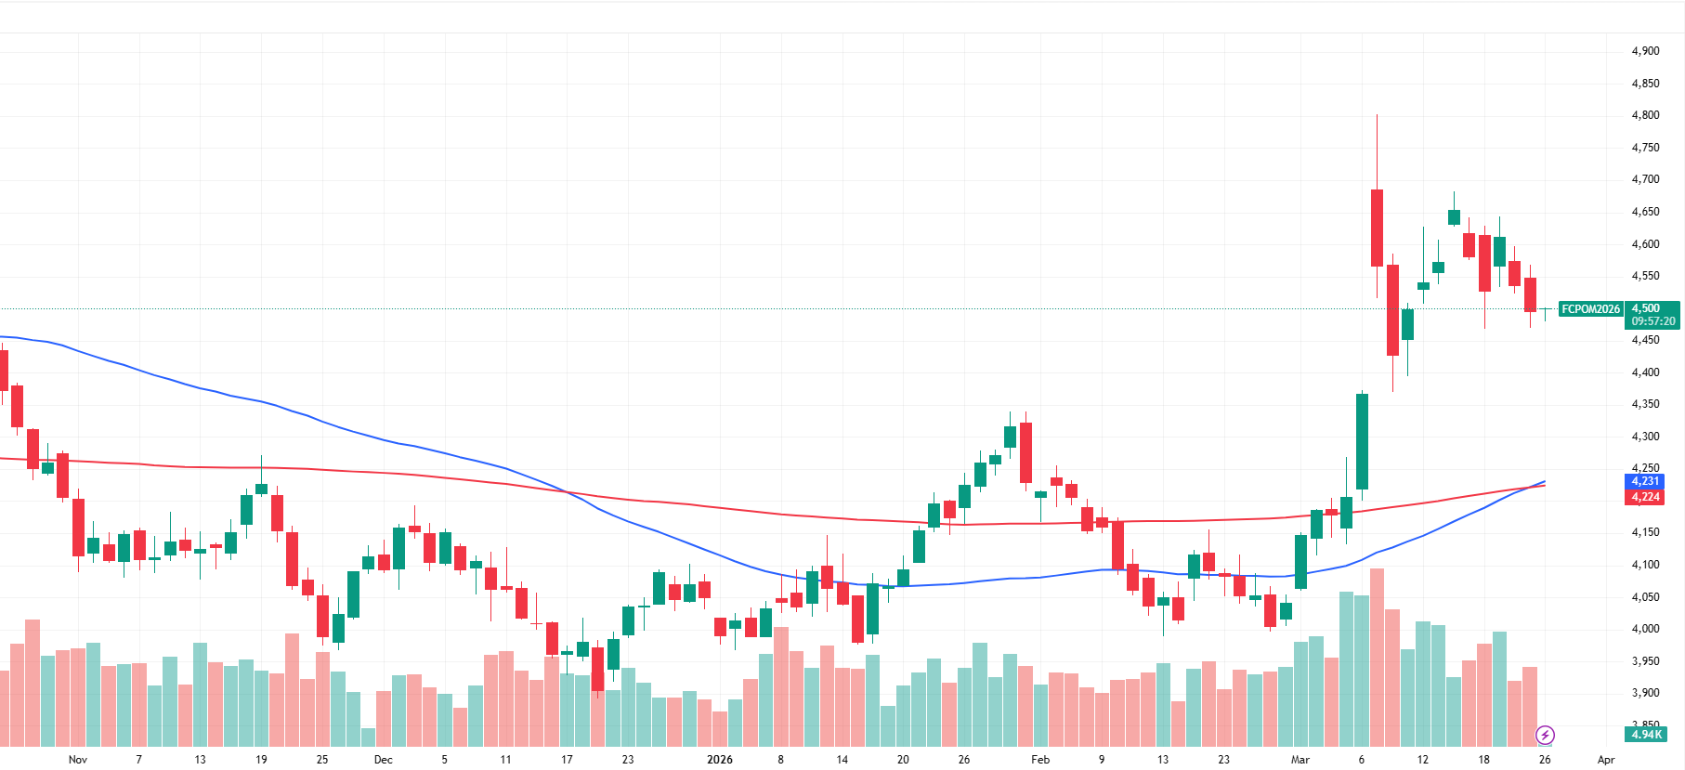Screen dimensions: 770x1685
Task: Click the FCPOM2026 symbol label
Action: [1590, 309]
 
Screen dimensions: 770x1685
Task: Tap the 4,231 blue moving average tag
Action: [1645, 481]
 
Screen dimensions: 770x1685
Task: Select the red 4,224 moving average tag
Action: [1645, 497]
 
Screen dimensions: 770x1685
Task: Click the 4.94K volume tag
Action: [1645, 735]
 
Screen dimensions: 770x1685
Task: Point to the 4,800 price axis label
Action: [1645, 115]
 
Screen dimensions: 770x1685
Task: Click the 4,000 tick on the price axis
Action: [1645, 629]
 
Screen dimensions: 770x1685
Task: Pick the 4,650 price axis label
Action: [1645, 212]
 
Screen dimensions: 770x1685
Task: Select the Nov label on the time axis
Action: [78, 760]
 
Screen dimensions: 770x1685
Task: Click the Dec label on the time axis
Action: [383, 760]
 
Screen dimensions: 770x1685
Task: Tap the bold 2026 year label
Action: [719, 760]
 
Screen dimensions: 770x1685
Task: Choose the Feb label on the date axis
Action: [1040, 760]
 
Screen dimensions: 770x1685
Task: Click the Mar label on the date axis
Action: [1300, 760]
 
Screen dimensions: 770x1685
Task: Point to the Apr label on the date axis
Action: [1606, 760]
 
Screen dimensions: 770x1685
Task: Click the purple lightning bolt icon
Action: [1545, 736]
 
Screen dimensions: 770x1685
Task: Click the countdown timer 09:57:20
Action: [1653, 321]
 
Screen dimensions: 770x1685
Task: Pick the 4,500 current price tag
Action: [1645, 308]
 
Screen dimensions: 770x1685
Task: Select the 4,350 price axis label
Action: [1645, 404]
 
